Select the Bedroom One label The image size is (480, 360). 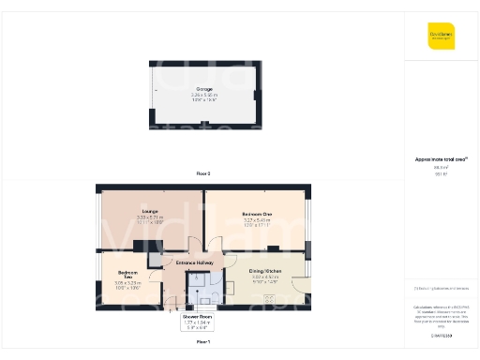[x=256, y=214]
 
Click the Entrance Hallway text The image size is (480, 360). [x=195, y=263]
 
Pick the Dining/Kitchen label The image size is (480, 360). [x=265, y=272]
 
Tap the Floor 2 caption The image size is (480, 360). [x=202, y=174]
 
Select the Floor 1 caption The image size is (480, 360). [x=202, y=342]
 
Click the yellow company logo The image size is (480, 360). [x=441, y=36]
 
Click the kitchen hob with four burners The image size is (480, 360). [x=271, y=299]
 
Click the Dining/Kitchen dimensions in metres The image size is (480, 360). [x=265, y=277]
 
